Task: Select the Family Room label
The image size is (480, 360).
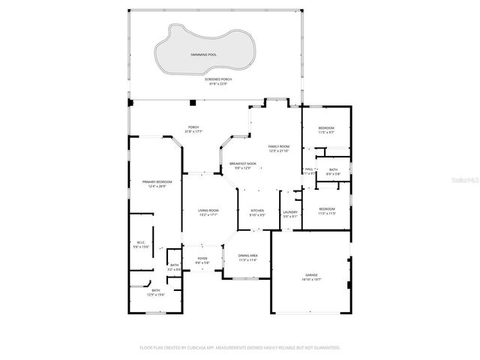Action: pos(279,148)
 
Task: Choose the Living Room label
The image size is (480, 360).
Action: pos(208,212)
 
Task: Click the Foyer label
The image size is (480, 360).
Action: pos(202,260)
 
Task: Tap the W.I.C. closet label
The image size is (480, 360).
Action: pos(140,244)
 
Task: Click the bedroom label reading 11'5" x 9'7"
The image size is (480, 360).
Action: pos(326,130)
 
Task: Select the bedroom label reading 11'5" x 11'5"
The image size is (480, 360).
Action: pos(326,211)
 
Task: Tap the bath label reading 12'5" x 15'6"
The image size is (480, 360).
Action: pos(156,292)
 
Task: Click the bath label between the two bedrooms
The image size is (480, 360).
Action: pos(333,172)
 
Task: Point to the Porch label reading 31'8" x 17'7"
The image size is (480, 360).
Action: pos(193,129)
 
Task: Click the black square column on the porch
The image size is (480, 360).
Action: pos(193,102)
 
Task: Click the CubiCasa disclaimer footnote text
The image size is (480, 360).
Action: pos(240,348)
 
